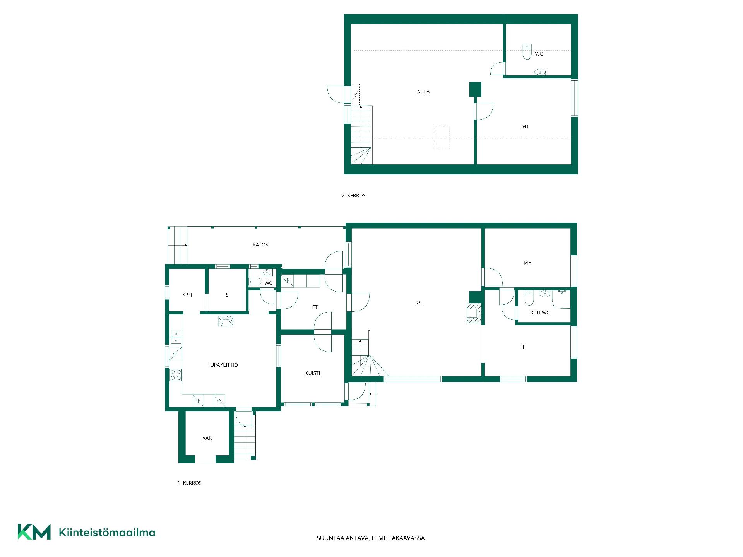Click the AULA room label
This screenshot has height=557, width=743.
[x=423, y=92]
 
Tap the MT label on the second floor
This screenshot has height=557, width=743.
[x=525, y=126]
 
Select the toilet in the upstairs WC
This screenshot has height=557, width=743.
[x=527, y=52]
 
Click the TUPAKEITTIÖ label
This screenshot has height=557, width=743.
[x=223, y=365]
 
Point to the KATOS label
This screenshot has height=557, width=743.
[x=260, y=244]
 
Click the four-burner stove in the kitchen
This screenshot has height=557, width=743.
[x=176, y=375]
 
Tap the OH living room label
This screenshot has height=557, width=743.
[x=420, y=302]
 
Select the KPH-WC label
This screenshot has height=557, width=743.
[x=540, y=313]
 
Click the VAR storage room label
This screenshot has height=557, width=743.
[x=207, y=438]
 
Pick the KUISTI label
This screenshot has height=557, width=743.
[x=313, y=373]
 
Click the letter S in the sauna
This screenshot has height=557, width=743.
[x=227, y=295]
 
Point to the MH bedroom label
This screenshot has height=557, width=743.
[x=527, y=263]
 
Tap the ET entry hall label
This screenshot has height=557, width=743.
[x=315, y=307]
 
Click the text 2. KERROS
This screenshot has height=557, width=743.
[x=354, y=196]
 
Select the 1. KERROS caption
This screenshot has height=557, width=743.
[x=190, y=483]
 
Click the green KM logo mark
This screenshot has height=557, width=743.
[x=34, y=532]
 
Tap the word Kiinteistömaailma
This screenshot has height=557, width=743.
[x=107, y=533]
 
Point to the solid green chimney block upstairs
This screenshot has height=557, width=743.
[x=475, y=89]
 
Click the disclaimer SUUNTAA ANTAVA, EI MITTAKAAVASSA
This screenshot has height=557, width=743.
[x=371, y=538]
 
